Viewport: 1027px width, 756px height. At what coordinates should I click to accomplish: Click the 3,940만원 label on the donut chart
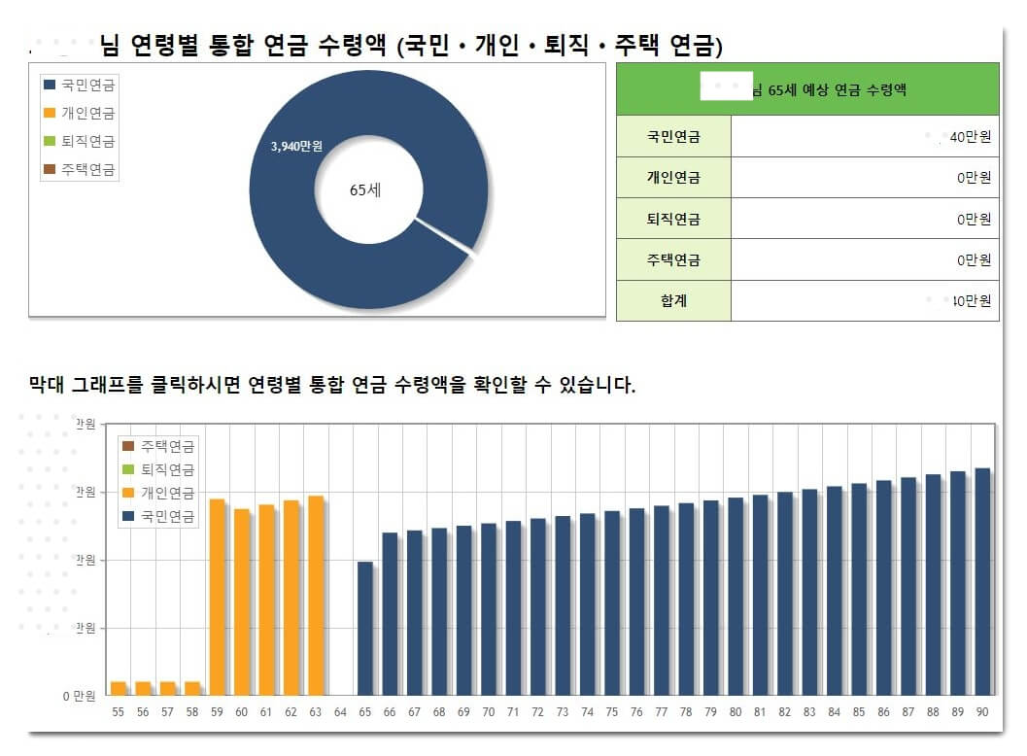(x=296, y=146)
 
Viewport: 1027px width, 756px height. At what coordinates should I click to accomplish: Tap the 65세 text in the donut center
(x=365, y=190)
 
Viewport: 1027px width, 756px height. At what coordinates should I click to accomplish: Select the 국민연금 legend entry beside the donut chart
(x=87, y=86)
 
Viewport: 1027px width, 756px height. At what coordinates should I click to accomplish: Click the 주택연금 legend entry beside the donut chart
(x=87, y=169)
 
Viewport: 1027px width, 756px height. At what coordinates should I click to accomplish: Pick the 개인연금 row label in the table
(x=673, y=178)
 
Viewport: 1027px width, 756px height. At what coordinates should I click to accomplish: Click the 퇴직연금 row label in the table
(x=673, y=219)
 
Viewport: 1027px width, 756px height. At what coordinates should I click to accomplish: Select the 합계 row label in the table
(x=673, y=300)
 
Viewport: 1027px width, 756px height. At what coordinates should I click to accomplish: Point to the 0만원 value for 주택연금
(x=974, y=259)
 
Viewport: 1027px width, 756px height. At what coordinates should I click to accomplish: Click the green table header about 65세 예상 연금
(x=807, y=89)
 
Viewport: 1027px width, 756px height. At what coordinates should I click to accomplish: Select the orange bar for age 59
(x=218, y=597)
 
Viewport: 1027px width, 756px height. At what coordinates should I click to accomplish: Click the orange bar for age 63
(x=316, y=595)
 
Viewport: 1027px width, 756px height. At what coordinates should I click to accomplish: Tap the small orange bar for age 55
(x=119, y=688)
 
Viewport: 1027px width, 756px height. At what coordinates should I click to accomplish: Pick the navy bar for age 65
(x=365, y=628)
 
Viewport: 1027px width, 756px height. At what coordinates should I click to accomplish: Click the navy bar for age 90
(x=982, y=581)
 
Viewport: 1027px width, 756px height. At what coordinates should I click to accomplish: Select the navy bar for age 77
(x=662, y=600)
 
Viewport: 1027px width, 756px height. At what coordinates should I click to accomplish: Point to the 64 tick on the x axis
(x=340, y=712)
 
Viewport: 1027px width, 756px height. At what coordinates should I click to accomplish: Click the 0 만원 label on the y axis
(x=80, y=696)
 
